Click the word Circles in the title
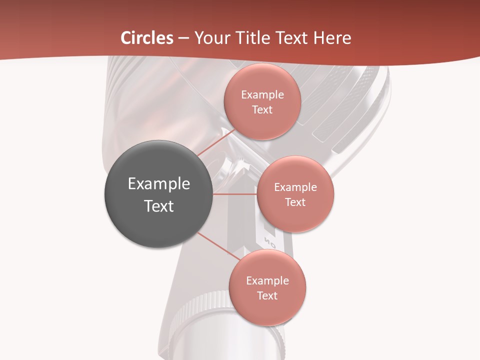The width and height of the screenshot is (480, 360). tap(147, 38)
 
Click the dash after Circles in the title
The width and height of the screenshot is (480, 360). tap(183, 38)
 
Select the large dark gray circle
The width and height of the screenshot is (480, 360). tap(158, 194)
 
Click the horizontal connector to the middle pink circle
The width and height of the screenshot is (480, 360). tap(234, 194)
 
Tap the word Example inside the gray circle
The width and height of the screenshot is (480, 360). tap(159, 184)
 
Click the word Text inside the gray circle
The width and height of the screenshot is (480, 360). tap(159, 206)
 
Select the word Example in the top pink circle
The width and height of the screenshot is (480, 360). tap(262, 95)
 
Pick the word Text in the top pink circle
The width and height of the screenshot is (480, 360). tap(262, 110)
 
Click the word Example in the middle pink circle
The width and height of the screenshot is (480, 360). tap(295, 187)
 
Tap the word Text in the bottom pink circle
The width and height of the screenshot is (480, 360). tap(267, 296)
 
